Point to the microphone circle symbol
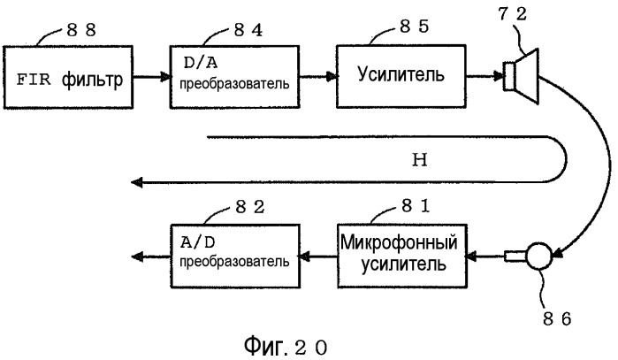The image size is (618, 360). coord(538,257)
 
